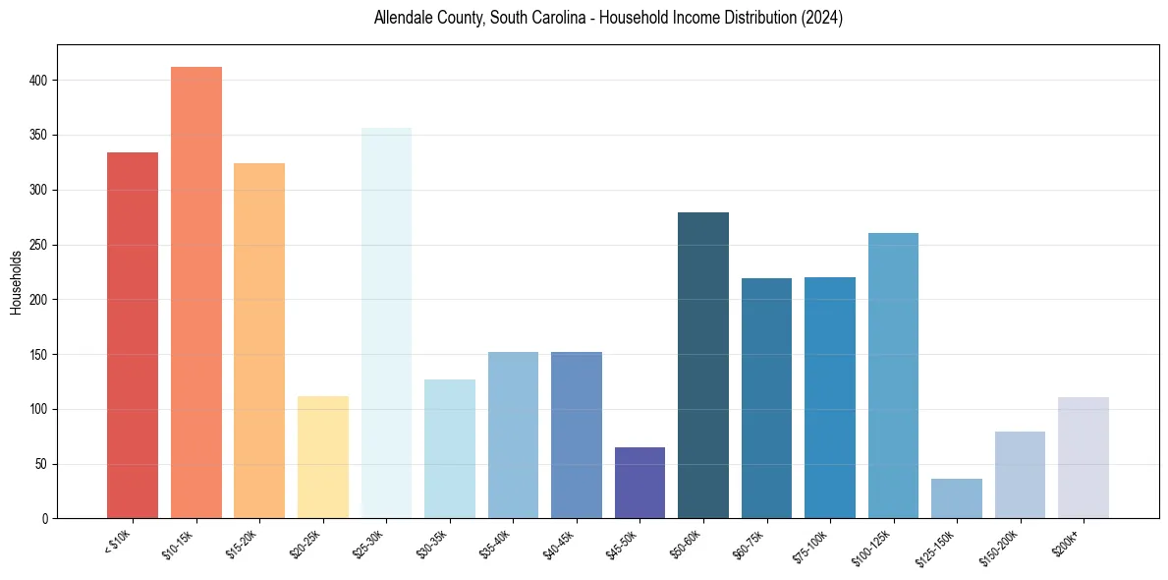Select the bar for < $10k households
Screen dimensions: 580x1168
133,335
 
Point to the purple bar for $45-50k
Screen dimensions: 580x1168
640,483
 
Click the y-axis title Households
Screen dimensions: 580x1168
17,282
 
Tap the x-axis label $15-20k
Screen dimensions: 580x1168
246,544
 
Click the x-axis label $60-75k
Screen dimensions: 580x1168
752,544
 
